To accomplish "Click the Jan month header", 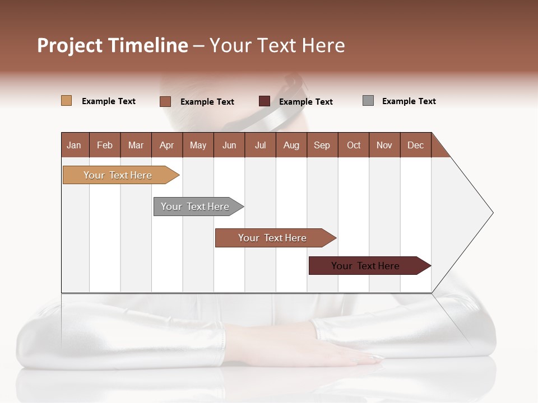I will coord(75,145).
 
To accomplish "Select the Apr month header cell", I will coord(167,145).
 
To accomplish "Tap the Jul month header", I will coord(261,145).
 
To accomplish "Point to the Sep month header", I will coord(322,145).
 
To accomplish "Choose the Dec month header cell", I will coord(415,145).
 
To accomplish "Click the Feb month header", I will coord(105,145).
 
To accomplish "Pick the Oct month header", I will coord(354,145).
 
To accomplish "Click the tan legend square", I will coord(67,101).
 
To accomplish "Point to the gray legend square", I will coord(368,101).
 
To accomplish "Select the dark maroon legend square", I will coord(265,101).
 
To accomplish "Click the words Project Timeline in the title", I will coord(112,45).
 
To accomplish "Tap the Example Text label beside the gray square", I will coord(409,101).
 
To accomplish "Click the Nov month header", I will coord(384,145).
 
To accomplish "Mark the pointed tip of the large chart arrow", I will coord(492,213).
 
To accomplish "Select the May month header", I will coord(198,145).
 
